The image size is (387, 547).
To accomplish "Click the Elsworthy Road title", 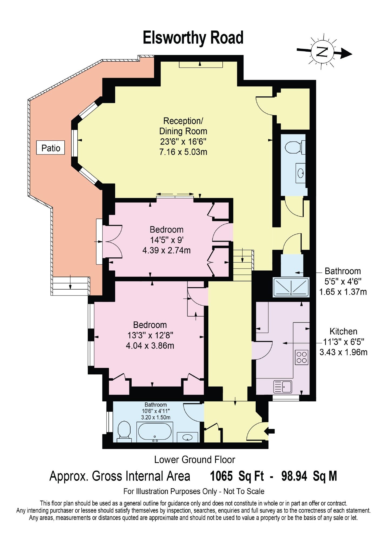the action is (x=193, y=38).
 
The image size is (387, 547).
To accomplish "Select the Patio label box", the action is (x=51, y=147).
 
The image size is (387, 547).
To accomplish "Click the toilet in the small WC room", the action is (x=295, y=147).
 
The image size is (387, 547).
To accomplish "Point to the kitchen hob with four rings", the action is (x=302, y=357).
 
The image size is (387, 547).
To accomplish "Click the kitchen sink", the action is (x=283, y=387).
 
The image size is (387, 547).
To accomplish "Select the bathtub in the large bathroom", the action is (x=155, y=432).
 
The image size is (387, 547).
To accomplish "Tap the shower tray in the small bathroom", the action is (x=291, y=287).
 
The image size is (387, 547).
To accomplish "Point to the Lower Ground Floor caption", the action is (x=195, y=459).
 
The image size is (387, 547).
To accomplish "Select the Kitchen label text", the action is (x=343, y=331).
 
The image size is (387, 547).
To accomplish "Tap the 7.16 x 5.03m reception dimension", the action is (x=183, y=152).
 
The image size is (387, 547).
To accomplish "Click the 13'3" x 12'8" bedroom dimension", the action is (x=150, y=335).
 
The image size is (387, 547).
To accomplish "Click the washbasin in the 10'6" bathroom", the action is (x=187, y=437).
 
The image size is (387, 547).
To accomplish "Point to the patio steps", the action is (x=71, y=286).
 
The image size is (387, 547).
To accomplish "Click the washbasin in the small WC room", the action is (x=301, y=173).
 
